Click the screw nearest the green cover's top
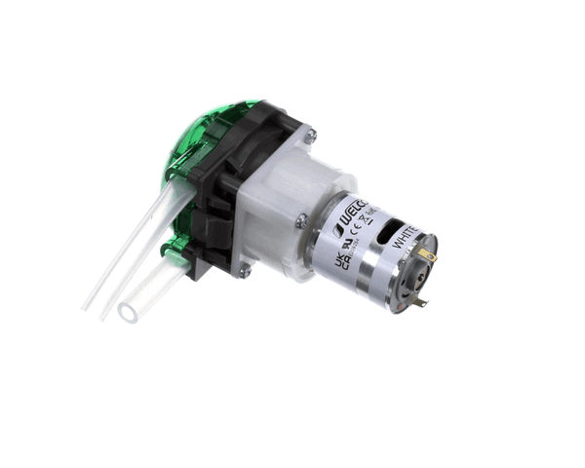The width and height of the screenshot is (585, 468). click(310, 136)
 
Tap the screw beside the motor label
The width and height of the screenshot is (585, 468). click(303, 220)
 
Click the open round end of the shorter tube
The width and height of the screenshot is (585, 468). click(128, 312)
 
